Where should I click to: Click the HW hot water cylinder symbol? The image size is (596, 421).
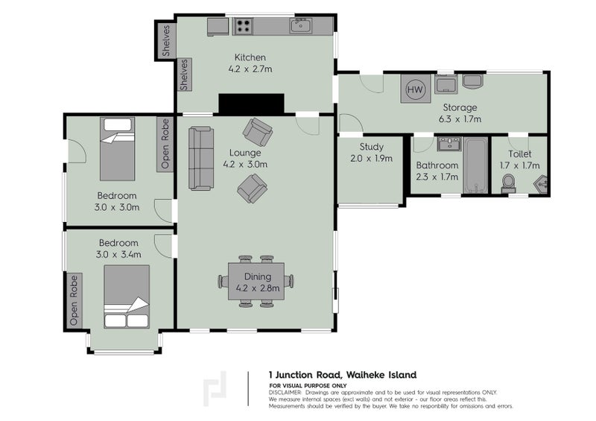click(x=416, y=89)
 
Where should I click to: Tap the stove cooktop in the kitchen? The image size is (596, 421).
click(x=243, y=26)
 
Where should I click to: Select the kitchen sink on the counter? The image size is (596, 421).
click(x=301, y=26)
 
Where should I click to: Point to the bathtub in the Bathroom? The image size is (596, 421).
click(x=475, y=165)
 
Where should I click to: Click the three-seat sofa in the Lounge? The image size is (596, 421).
click(x=200, y=158)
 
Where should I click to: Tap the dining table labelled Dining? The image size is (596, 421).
click(x=257, y=281)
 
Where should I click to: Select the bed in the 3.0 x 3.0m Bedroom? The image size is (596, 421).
click(x=118, y=149)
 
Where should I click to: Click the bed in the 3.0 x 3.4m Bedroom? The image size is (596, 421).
click(x=127, y=297)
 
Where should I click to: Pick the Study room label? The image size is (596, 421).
click(x=371, y=147)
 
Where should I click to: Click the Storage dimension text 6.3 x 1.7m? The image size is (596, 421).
click(x=460, y=119)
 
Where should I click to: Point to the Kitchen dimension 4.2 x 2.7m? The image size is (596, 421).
click(x=250, y=69)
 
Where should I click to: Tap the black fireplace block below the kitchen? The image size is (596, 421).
click(x=251, y=104)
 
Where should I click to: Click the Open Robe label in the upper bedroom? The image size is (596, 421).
click(x=165, y=144)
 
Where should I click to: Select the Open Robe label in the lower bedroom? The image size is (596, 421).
click(x=74, y=300)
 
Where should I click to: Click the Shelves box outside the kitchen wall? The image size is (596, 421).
click(x=165, y=40)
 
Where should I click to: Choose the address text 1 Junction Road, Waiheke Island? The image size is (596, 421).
click(x=343, y=375)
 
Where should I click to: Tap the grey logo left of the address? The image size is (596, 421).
click(x=215, y=388)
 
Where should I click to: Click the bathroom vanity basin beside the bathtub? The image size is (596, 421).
click(x=449, y=144)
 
